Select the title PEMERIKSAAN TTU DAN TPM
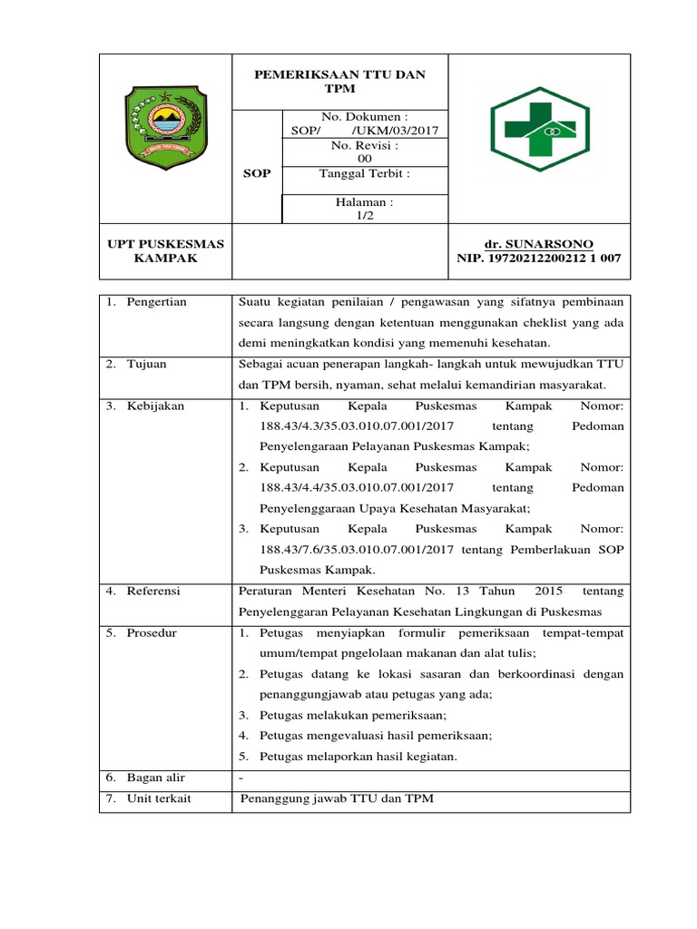(x=339, y=81)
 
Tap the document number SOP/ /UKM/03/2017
(x=365, y=130)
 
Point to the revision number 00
(x=365, y=158)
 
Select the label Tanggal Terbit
(x=365, y=173)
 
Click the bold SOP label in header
(x=257, y=173)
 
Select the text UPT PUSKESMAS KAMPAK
(x=165, y=251)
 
